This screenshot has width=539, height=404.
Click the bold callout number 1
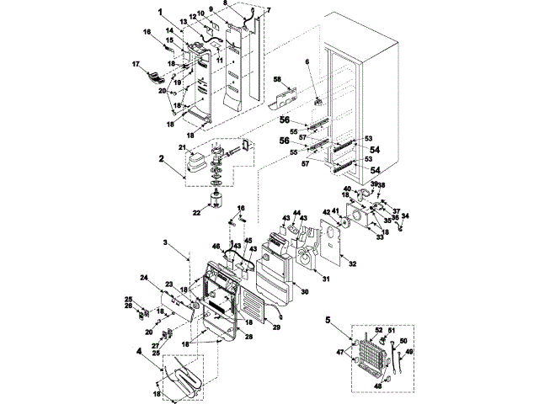coord(159,12)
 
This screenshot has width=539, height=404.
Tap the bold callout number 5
coord(329,321)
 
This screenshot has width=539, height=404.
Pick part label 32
coord(353,264)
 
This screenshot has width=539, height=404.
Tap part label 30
coord(306,291)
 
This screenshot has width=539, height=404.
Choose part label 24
coord(144,278)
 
